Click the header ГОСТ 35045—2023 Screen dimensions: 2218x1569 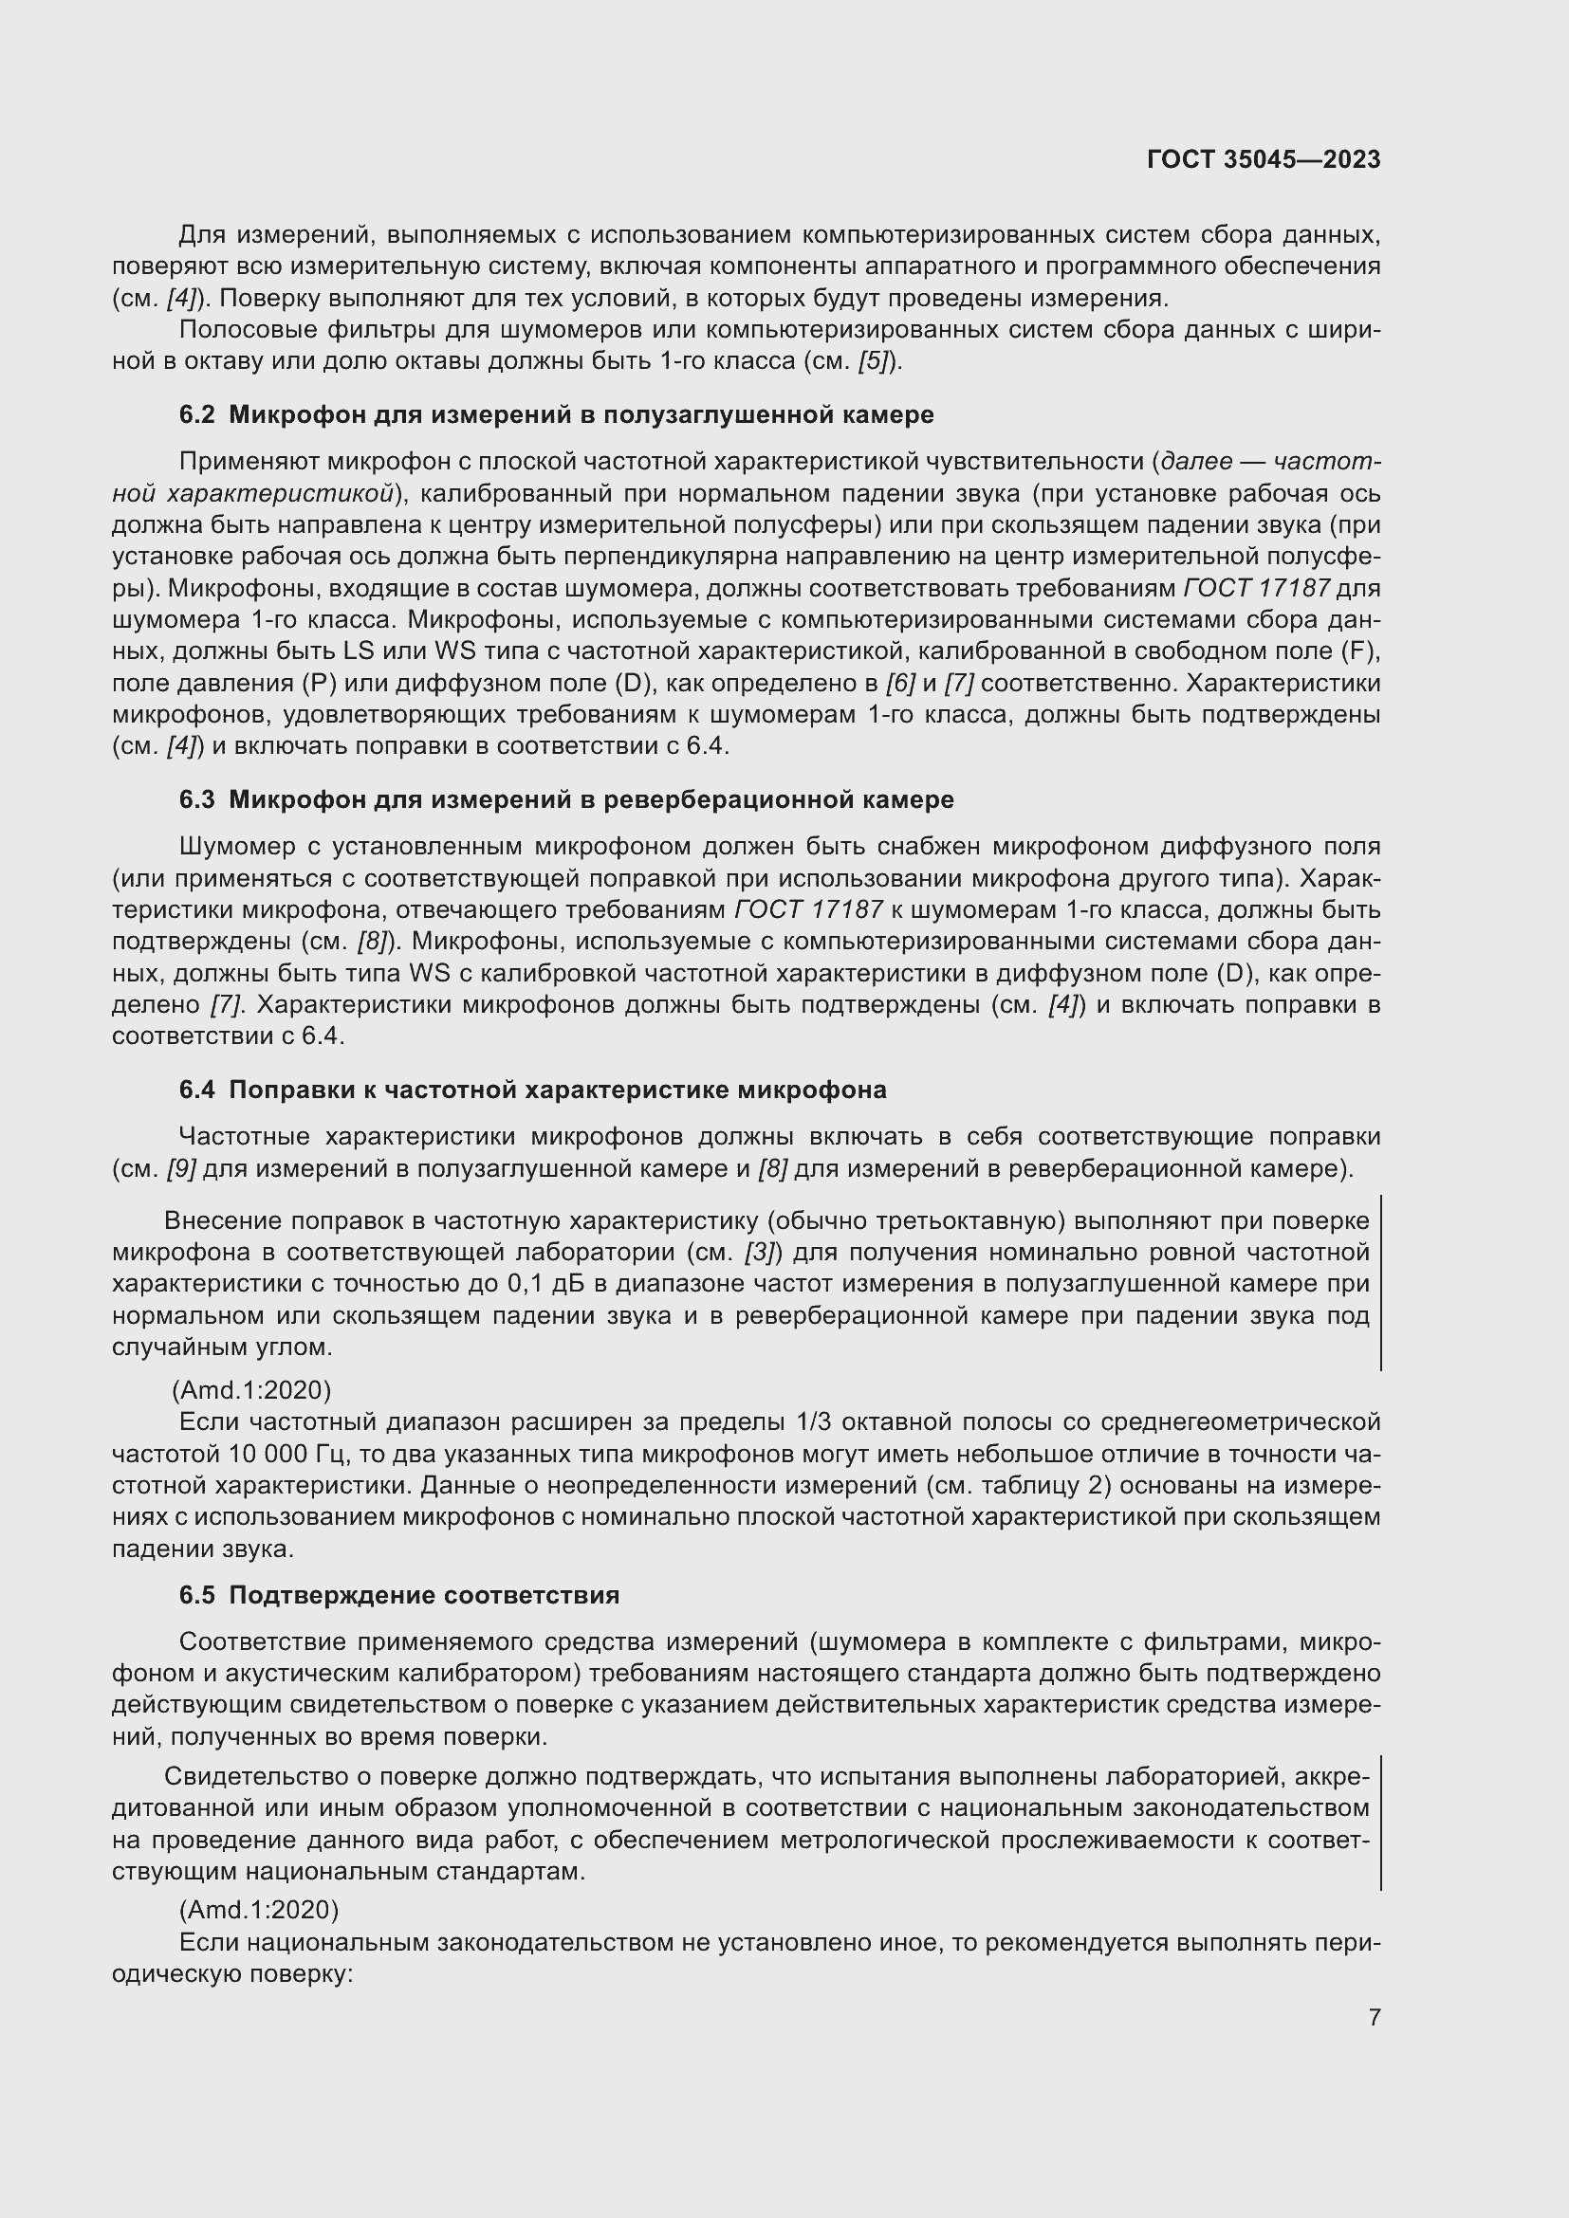(1264, 159)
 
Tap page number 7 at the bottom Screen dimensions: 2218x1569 (1374, 2017)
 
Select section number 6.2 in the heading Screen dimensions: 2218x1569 (196, 415)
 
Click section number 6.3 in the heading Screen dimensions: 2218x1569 (196, 800)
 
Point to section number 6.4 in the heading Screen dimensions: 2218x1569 (196, 1090)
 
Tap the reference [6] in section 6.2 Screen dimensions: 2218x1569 (900, 683)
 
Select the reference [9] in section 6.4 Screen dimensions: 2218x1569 (180, 1169)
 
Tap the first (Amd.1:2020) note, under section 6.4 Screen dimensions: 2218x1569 (251, 1390)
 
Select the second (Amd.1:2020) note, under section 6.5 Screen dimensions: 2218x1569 (259, 1910)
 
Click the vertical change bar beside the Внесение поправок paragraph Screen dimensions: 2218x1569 (1380, 1283)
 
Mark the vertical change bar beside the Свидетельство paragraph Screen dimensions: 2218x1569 (1380, 1822)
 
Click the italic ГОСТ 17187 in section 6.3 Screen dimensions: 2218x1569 (808, 910)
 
